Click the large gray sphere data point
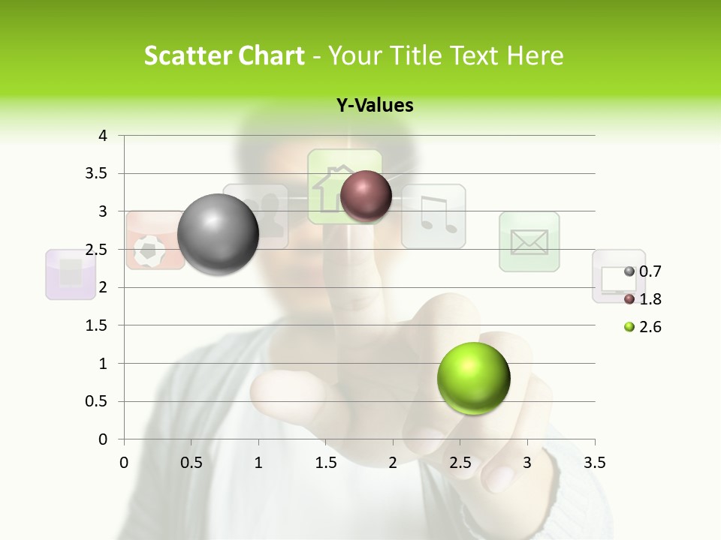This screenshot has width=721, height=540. click(219, 234)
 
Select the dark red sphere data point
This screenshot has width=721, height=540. click(366, 196)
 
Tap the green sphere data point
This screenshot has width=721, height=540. click(473, 379)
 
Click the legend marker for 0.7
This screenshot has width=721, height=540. click(629, 271)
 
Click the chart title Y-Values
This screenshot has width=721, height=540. click(374, 106)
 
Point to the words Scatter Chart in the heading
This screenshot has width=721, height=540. click(224, 55)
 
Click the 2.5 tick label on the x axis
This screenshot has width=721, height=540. click(460, 463)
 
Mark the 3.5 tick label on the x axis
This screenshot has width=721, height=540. click(594, 463)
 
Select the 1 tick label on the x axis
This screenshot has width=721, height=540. click(258, 463)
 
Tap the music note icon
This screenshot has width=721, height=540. click(433, 216)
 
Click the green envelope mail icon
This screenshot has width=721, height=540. click(529, 241)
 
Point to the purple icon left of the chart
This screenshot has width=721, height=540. click(71, 274)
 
